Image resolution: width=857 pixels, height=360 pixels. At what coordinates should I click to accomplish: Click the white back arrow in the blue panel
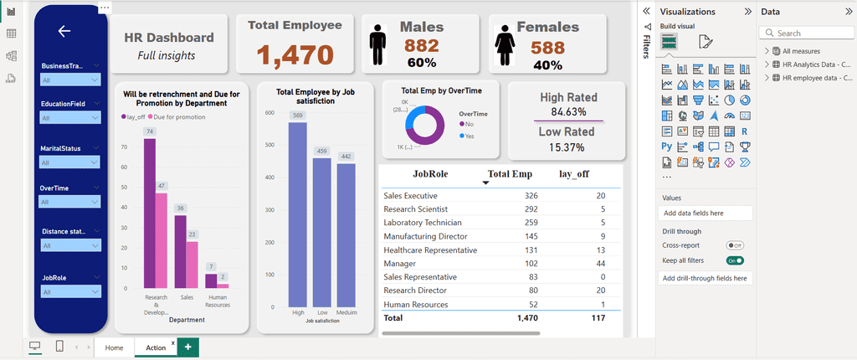click(64, 31)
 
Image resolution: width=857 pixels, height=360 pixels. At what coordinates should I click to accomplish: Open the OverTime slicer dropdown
click(70, 201)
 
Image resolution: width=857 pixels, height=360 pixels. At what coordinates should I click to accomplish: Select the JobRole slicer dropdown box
click(70, 291)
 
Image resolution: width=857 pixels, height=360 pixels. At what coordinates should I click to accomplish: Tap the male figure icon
click(379, 41)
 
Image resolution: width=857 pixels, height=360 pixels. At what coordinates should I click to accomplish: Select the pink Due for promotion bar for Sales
click(192, 265)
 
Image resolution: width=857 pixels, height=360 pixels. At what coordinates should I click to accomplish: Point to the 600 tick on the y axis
click(270, 113)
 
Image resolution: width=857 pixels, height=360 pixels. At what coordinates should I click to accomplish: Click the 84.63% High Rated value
click(568, 111)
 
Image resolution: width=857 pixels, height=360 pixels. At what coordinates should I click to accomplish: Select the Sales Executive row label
click(415, 195)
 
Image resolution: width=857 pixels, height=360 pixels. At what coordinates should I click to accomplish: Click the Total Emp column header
click(510, 174)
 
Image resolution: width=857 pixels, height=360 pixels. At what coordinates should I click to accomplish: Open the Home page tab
click(114, 347)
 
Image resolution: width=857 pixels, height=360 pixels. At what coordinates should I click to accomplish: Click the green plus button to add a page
click(187, 347)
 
